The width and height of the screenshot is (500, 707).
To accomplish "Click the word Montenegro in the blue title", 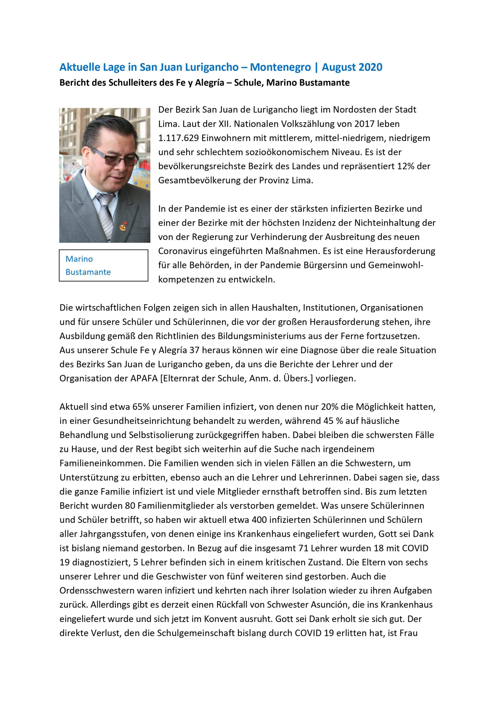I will [280, 67].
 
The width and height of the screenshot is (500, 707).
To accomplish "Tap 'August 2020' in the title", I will [352, 67].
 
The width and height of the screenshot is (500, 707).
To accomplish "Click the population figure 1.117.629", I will [178, 138].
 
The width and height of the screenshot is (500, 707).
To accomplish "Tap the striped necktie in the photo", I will [105, 212].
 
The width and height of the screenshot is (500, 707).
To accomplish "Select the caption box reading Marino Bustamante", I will [104, 265].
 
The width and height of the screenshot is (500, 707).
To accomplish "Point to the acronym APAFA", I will [144, 378].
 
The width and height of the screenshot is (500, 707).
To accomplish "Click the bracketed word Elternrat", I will [178, 378].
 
